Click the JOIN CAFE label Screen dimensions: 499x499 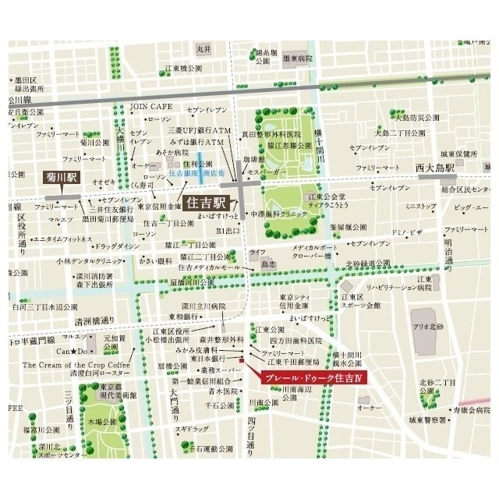pyautogui.click(x=150, y=104)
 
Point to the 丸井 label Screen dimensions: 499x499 pyautogui.click(x=204, y=50)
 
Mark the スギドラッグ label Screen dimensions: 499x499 pyautogui.click(x=192, y=430)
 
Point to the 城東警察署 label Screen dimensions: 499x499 pyautogui.click(x=427, y=419)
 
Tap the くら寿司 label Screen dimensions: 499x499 pyautogui.click(x=142, y=185)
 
